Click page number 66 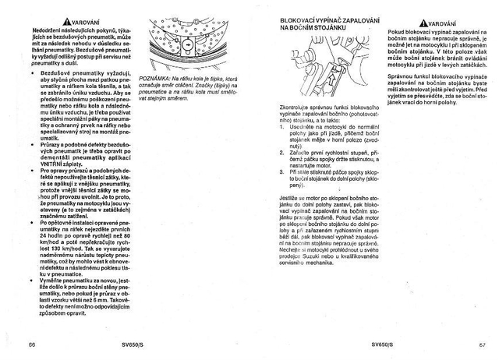coord(32,342)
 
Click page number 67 coord(472,342)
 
